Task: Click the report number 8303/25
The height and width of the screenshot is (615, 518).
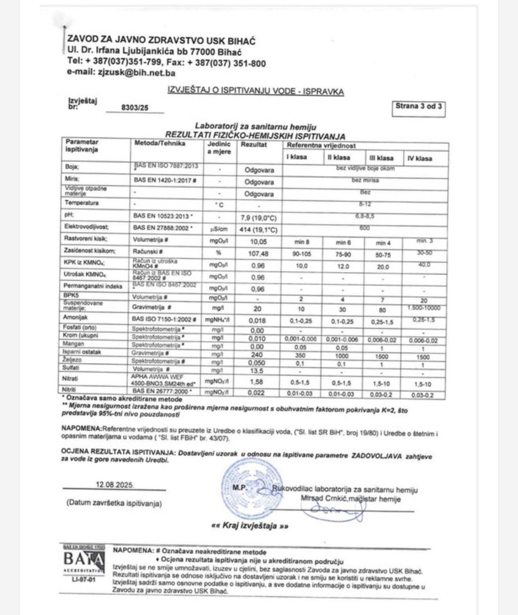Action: (x=135, y=108)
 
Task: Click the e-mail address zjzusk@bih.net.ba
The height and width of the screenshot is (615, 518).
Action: (x=137, y=73)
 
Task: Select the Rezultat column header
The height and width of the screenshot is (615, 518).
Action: (x=254, y=145)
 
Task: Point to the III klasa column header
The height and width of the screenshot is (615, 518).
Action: (x=381, y=158)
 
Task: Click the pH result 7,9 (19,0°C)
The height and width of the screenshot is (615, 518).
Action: (x=259, y=218)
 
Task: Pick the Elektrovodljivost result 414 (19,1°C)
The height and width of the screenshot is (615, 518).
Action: (x=259, y=230)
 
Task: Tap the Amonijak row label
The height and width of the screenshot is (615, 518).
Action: (x=76, y=317)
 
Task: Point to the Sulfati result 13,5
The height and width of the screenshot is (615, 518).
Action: (x=257, y=371)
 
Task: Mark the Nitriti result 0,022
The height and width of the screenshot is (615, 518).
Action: (x=257, y=393)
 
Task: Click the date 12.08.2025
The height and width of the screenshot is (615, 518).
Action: (x=115, y=485)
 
